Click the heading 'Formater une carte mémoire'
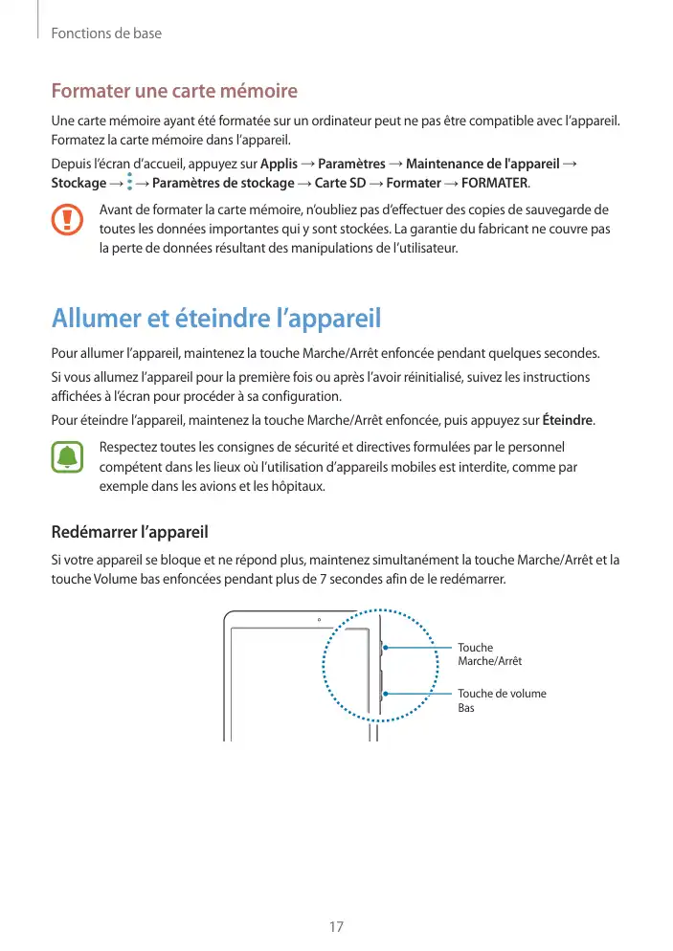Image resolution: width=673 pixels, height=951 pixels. point(174,92)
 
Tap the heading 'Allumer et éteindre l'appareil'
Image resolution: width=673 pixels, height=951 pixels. point(216,317)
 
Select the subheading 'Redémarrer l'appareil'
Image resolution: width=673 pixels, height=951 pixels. point(129,531)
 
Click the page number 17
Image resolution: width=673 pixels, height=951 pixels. point(336,927)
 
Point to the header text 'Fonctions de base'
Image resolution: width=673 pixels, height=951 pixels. point(106,33)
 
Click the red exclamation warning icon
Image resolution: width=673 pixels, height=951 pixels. point(67,221)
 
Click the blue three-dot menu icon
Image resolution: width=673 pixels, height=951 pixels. point(129,183)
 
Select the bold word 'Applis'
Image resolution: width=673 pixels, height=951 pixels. point(279,164)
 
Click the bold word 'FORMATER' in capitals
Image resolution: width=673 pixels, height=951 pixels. point(494,183)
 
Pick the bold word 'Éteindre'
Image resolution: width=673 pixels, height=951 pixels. point(567,420)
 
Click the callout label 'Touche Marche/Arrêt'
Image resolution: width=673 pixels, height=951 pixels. point(489,654)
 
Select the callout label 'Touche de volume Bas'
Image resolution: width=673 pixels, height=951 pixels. point(502,700)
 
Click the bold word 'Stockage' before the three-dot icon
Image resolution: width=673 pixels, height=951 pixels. point(79,183)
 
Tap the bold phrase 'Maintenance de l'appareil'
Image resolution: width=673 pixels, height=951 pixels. point(482,164)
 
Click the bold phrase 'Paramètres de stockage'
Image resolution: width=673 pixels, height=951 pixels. point(223,183)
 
